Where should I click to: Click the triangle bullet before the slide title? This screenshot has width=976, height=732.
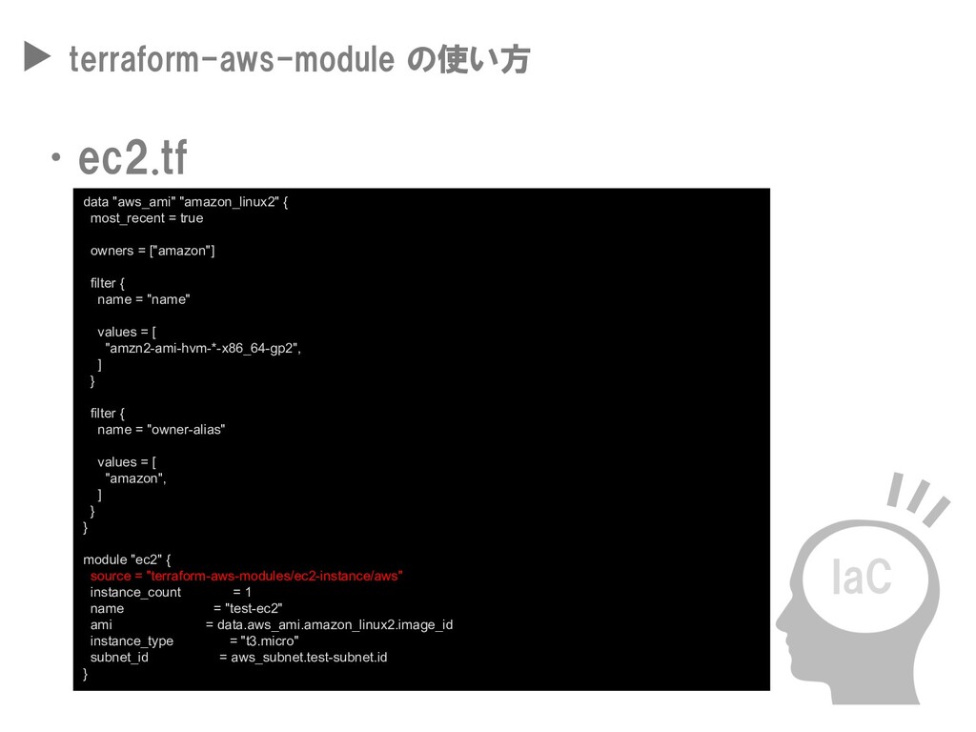36,60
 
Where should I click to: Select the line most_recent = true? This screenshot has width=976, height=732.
146,218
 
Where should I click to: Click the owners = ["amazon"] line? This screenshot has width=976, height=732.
152,251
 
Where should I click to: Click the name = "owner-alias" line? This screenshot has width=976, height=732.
161,429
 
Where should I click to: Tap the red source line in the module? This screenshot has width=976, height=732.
246,576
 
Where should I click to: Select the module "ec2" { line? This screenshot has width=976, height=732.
127,559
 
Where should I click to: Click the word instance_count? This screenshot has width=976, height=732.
135,592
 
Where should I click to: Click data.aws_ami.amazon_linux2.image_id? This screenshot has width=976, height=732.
335,624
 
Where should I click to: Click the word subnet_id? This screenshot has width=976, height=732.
119,657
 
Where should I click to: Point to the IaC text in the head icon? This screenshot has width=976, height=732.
861,578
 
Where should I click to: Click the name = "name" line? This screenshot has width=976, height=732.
143,299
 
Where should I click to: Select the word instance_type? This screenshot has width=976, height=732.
132,640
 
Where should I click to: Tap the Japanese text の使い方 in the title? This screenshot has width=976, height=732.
467,61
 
